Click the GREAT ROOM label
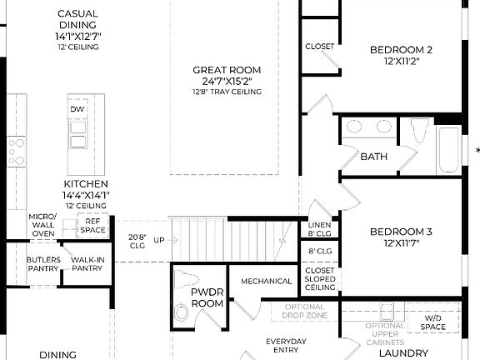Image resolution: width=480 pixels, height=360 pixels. click(227, 70)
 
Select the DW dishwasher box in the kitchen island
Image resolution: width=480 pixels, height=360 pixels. click(77, 110)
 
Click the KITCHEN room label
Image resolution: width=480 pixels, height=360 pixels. click(86, 183)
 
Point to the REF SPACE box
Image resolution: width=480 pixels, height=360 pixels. click(92, 225)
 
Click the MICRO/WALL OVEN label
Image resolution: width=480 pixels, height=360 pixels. click(42, 225)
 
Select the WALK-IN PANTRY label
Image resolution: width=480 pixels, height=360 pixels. click(87, 264)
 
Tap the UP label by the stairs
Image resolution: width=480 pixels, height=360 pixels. click(158, 239)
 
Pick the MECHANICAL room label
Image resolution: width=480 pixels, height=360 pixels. click(266, 281)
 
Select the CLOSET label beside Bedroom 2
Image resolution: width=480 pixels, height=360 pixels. click(319, 47)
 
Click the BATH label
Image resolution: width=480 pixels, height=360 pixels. click(373, 157)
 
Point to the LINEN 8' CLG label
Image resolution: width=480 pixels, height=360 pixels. click(320, 230)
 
